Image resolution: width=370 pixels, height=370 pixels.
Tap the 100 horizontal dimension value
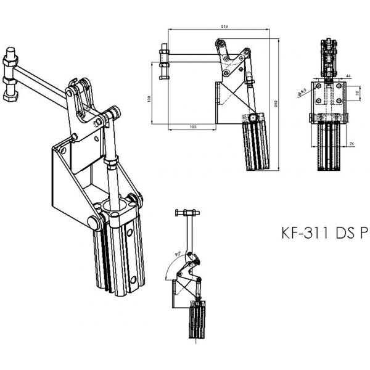click(192, 127)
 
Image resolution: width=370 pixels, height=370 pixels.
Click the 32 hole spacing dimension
click(356, 93)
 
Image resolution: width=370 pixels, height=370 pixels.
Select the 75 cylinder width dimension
click(350, 144)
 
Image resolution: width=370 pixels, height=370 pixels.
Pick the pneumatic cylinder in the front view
click(330, 148)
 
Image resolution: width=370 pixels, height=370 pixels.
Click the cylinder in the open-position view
click(195, 321)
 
